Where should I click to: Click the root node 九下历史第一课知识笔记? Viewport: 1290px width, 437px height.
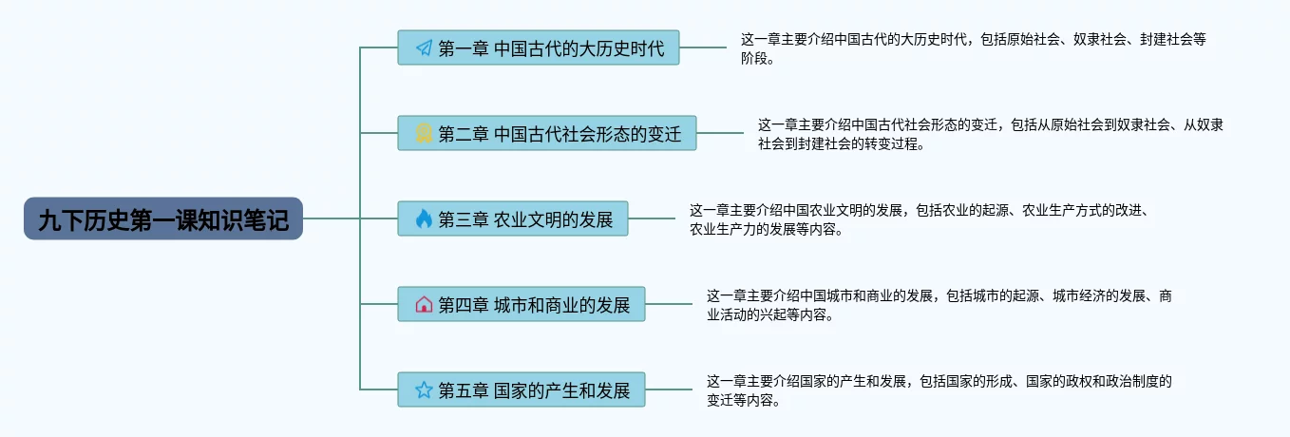point(162,219)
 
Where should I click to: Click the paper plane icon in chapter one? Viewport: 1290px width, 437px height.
point(424,47)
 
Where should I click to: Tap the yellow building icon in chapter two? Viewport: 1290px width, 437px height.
point(424,134)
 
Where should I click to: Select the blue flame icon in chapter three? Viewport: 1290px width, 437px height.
point(424,219)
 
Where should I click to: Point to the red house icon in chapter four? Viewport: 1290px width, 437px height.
point(424,305)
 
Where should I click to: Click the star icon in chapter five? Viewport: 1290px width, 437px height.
point(424,390)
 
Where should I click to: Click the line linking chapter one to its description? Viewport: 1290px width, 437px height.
point(703,47)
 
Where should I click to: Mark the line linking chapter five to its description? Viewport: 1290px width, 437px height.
point(669,390)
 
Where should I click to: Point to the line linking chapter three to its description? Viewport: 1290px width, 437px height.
point(652,219)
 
